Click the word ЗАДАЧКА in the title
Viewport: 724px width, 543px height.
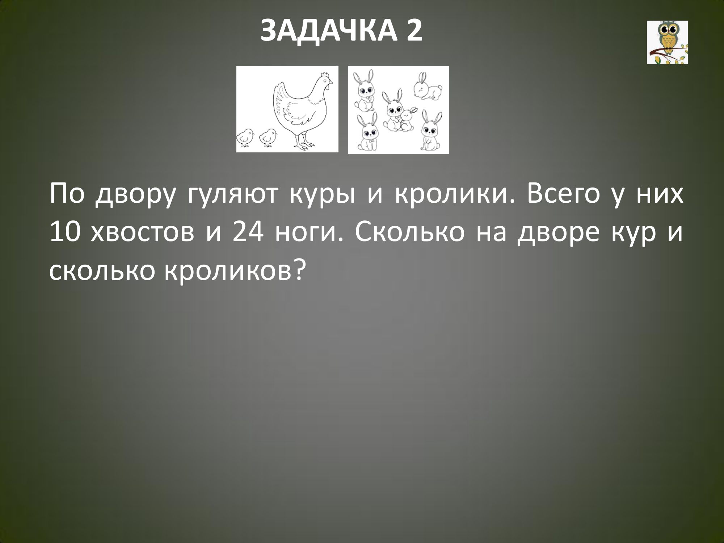[327, 31]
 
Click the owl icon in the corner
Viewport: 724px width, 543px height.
[667, 42]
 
